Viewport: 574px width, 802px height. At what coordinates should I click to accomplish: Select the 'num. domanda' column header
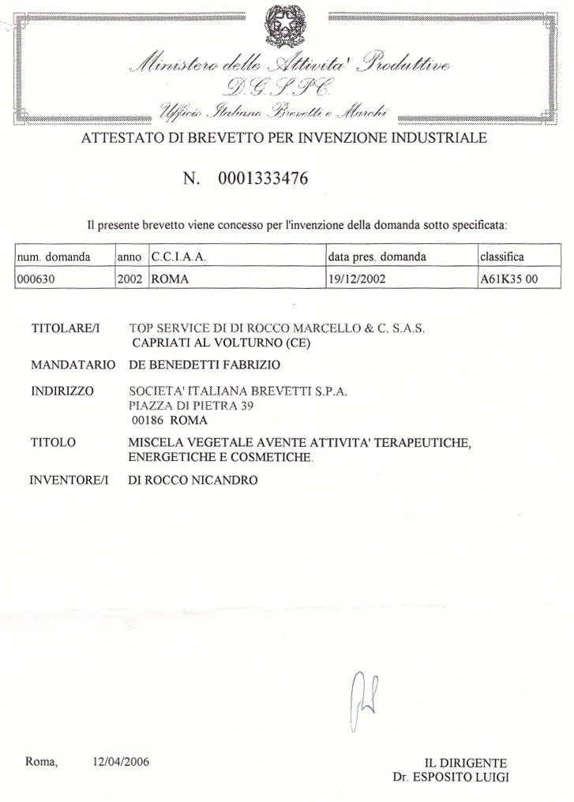pyautogui.click(x=53, y=257)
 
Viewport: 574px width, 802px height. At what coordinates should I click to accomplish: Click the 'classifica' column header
pyautogui.click(x=501, y=257)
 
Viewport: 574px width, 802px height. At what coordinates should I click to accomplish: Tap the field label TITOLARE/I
pyautogui.click(x=63, y=327)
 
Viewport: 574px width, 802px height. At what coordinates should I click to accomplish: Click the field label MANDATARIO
pyautogui.click(x=73, y=365)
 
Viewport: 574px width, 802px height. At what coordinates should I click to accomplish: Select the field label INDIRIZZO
pyautogui.click(x=62, y=391)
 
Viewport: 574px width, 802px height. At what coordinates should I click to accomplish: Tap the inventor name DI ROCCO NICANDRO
pyautogui.click(x=192, y=479)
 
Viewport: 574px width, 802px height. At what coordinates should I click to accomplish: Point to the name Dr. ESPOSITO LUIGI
pyautogui.click(x=451, y=777)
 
